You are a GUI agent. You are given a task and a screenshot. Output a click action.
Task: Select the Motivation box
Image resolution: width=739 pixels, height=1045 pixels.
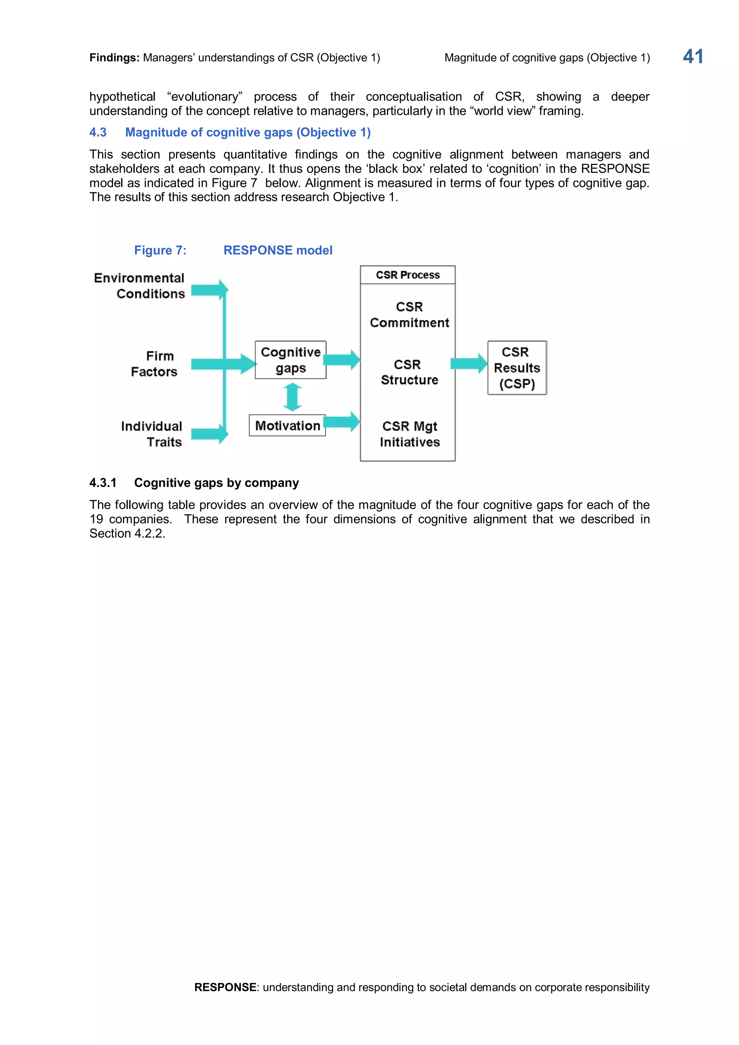[x=287, y=425]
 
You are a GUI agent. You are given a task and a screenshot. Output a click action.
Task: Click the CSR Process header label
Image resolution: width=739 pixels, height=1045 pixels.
[x=407, y=275]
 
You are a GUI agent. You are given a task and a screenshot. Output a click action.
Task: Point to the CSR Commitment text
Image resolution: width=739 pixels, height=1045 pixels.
[x=409, y=315]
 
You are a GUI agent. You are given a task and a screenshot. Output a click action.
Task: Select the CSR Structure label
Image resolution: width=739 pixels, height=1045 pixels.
[x=409, y=372]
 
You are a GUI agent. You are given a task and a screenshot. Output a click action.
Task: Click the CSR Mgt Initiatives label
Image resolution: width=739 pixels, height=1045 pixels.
[x=410, y=434]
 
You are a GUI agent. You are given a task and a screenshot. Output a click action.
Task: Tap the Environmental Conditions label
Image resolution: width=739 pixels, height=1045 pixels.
[x=139, y=285]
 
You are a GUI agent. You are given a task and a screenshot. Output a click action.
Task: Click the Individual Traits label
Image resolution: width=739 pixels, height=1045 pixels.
[x=152, y=434]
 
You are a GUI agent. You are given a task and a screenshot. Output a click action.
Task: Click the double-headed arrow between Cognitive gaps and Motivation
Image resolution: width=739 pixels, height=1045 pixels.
[x=292, y=397]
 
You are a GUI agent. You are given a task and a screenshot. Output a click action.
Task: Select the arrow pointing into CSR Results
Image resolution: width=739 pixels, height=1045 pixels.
[x=469, y=363]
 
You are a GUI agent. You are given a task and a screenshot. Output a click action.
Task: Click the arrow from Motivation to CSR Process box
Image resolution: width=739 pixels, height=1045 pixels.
[x=342, y=422]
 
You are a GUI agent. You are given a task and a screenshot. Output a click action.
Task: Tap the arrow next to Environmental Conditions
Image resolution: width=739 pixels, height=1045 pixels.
[x=209, y=290]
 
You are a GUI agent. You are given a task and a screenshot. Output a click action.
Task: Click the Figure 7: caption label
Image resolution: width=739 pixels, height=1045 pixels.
[x=160, y=250]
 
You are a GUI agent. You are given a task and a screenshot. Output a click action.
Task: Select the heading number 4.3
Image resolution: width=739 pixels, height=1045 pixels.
[x=98, y=132]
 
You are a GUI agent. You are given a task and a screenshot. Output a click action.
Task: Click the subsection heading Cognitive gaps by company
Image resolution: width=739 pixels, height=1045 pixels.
[x=216, y=482]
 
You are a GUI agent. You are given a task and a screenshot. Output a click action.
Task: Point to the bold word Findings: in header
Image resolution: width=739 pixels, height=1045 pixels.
[x=114, y=58]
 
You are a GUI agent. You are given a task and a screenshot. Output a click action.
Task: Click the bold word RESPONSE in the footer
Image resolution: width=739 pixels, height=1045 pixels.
[x=225, y=987]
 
